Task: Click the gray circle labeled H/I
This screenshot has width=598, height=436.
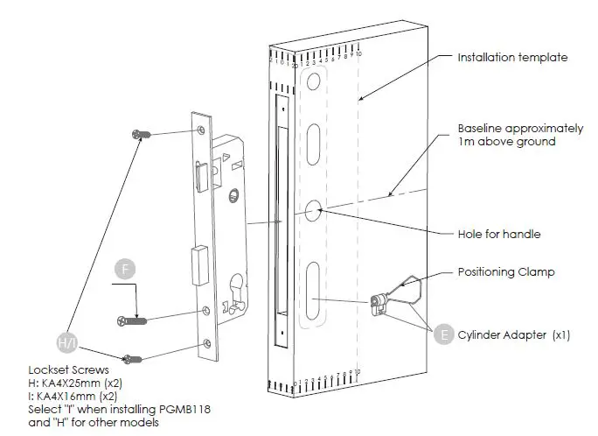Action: (67, 341)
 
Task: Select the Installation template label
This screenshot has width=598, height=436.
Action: (512, 58)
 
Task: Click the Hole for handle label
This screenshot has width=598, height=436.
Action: (499, 234)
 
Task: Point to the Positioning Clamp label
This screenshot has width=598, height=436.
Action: (504, 272)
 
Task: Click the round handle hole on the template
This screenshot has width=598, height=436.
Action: (315, 210)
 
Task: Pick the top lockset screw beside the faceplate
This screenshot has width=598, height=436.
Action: (140, 134)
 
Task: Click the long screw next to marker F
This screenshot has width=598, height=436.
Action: (132, 320)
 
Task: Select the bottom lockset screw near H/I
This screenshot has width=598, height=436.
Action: (132, 357)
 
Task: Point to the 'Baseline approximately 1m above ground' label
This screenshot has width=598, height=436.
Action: (507, 135)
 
